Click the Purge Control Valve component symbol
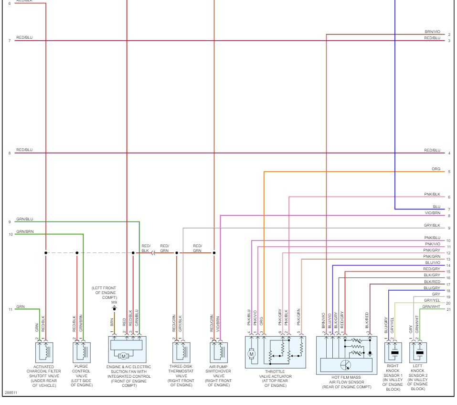(x=82, y=352)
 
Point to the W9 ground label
(x=114, y=302)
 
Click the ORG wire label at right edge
(x=436, y=169)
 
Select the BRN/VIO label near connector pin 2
(x=432, y=32)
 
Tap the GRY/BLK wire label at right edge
(x=432, y=225)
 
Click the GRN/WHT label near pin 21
(x=431, y=306)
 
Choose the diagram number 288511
(x=10, y=393)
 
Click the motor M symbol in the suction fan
(x=123, y=356)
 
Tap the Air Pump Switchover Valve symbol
(x=219, y=352)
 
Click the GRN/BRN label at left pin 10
(x=25, y=231)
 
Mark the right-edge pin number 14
(x=448, y=265)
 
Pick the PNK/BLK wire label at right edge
(x=432, y=194)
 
